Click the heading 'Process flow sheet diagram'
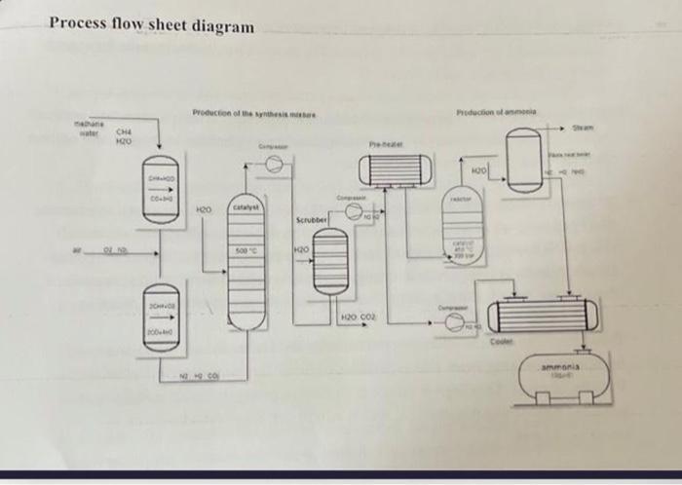click(x=151, y=24)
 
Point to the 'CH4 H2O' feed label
click(x=125, y=137)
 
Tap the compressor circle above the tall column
click(x=275, y=166)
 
